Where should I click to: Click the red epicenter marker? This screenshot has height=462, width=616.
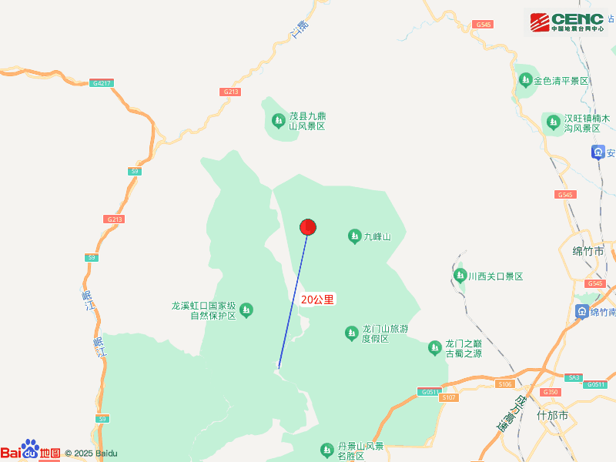[308, 227]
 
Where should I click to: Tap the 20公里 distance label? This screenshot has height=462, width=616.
[317, 300]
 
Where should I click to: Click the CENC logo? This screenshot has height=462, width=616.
[566, 22]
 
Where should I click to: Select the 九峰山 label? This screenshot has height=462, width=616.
[377, 236]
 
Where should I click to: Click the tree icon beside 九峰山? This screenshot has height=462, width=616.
[355, 236]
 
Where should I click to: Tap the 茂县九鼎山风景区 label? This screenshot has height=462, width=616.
[306, 121]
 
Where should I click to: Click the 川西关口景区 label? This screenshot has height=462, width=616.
[496, 276]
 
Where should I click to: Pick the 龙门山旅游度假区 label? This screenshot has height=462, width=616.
[384, 333]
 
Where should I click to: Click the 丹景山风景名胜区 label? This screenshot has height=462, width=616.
[360, 451]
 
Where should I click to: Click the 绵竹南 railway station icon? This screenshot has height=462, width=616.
[582, 311]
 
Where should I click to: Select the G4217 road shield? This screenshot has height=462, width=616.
[100, 82]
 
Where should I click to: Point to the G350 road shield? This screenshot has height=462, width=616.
[550, 392]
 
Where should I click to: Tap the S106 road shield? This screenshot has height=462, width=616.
[505, 383]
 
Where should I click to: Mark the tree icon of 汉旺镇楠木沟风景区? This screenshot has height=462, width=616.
[553, 122]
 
